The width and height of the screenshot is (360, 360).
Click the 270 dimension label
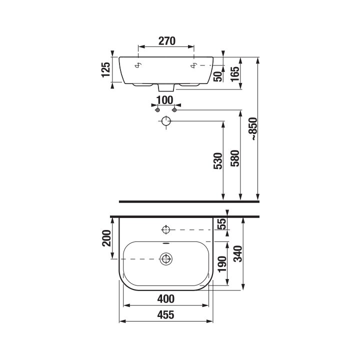(x=167, y=41)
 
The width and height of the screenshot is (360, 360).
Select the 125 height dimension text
(x=106, y=69)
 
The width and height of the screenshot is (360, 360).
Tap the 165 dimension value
(x=234, y=74)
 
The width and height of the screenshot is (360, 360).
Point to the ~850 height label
(x=254, y=129)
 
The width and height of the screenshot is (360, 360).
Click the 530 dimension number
(x=218, y=161)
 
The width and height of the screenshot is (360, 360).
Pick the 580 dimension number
(x=235, y=158)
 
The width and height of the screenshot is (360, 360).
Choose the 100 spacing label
(x=165, y=100)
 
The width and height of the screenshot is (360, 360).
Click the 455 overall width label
(x=166, y=315)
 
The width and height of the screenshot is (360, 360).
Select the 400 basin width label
(x=166, y=299)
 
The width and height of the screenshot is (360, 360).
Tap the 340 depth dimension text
(x=238, y=253)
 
